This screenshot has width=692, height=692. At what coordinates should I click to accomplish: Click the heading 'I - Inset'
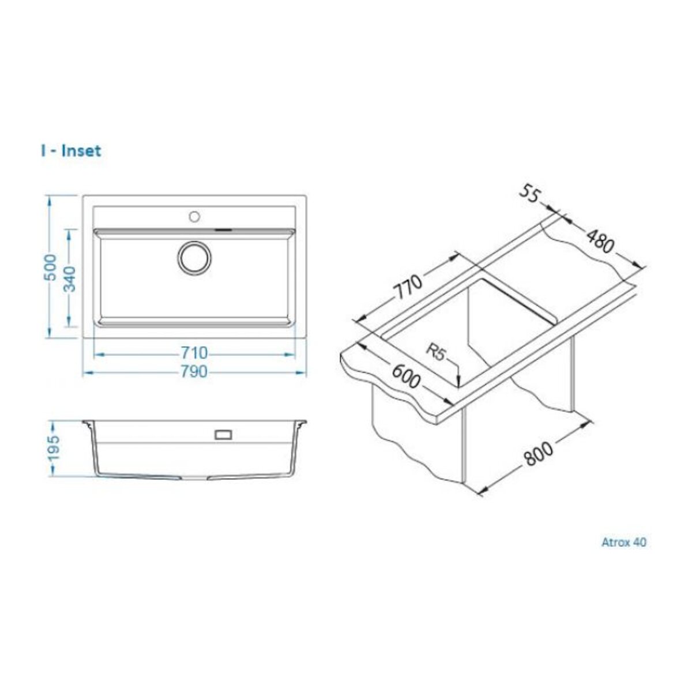71,151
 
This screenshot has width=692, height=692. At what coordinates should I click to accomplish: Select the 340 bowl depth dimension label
69,279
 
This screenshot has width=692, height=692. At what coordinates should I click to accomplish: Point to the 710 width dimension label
194,353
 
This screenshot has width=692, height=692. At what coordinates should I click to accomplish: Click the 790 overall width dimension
194,372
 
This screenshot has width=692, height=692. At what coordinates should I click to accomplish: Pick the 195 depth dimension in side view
53,448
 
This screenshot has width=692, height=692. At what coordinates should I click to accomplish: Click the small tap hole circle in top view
195,217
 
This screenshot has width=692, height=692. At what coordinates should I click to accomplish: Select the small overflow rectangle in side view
223,435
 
